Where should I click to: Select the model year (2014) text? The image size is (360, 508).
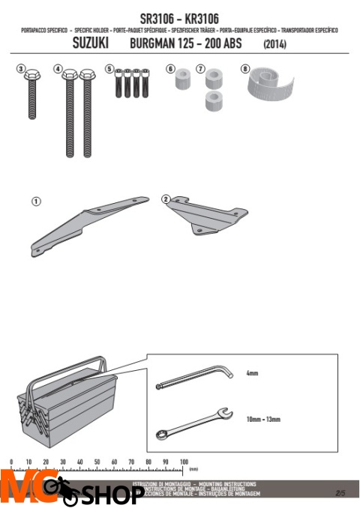tap(277, 45)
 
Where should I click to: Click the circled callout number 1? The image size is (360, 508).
tap(35, 202)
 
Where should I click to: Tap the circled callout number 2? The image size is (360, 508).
tap(166, 199)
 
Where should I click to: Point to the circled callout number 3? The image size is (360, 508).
tap(21, 69)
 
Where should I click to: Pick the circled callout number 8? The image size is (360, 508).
tap(244, 69)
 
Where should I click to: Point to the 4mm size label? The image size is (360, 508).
tap(252, 372)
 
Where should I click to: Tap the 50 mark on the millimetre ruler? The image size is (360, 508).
tap(97, 462)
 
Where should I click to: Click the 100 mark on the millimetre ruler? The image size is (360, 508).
tap(183, 462)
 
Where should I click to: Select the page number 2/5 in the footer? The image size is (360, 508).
tap(340, 493)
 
